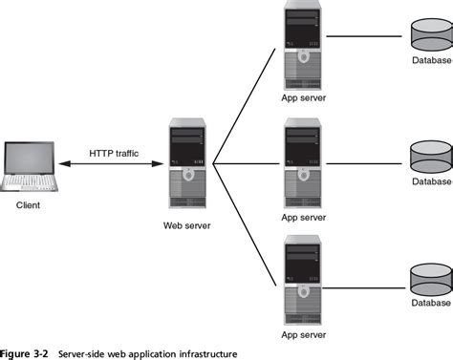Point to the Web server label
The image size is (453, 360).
click(x=187, y=226)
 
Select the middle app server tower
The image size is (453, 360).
click(x=305, y=163)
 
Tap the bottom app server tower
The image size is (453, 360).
click(x=305, y=271)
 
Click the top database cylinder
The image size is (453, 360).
click(x=429, y=37)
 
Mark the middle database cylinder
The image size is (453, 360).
click(x=429, y=154)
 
